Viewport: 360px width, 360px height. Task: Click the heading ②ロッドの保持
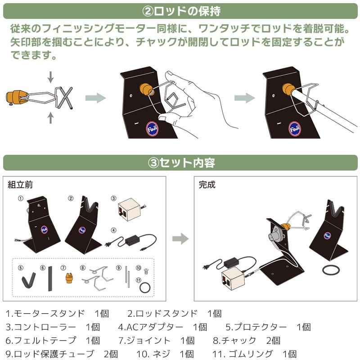click(x=180, y=10)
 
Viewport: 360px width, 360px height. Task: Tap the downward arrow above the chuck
click(x=50, y=76)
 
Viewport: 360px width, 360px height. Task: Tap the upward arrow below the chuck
click(x=50, y=118)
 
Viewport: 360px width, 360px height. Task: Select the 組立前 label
click(x=20, y=184)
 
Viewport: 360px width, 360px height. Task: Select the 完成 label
click(x=207, y=184)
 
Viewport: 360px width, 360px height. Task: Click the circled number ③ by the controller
click(x=114, y=198)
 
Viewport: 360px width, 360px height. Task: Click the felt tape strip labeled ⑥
click(x=50, y=279)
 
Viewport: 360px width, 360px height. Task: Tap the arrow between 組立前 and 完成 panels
click(x=180, y=238)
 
